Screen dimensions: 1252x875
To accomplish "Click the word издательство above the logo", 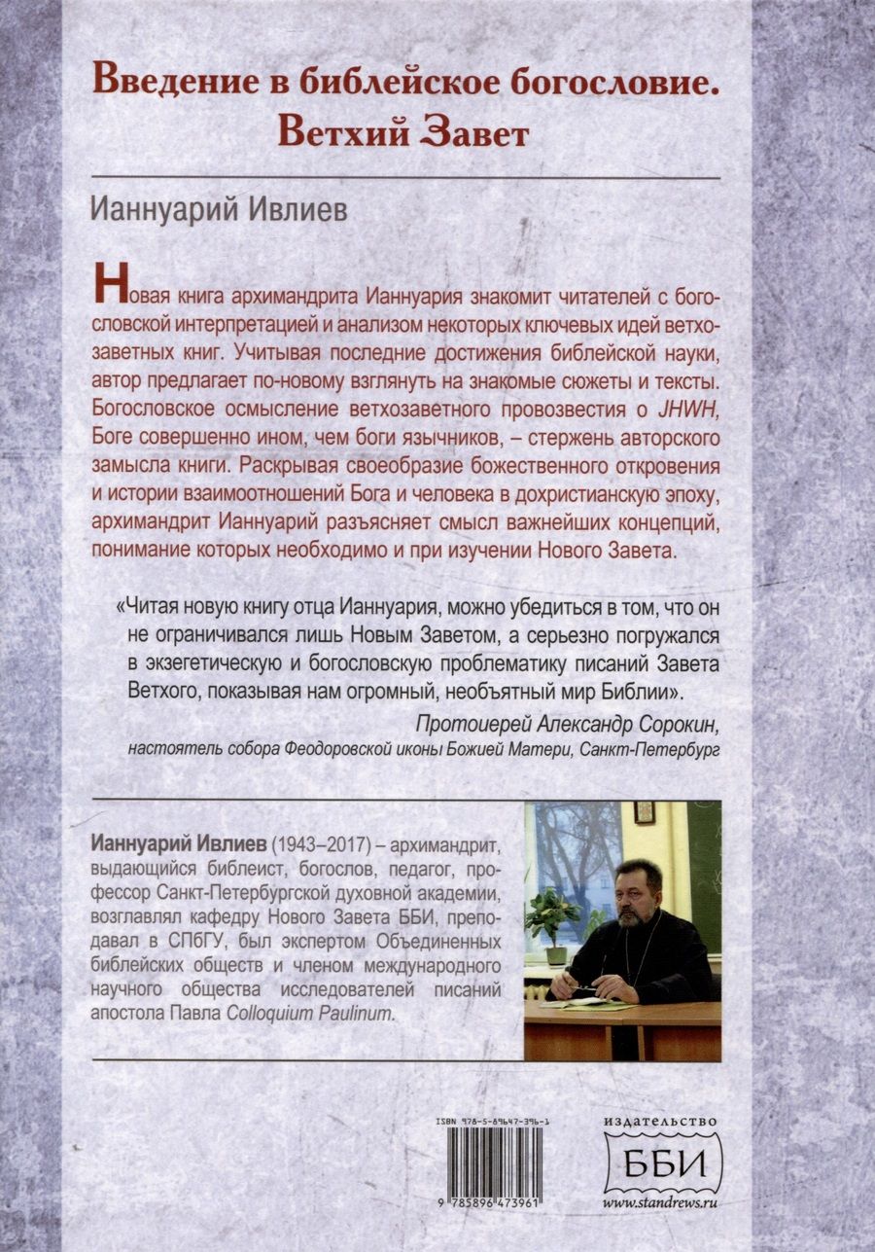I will [663, 1122].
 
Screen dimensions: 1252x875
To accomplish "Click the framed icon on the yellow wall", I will [645, 813].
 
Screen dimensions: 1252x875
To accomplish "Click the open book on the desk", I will [583, 1002].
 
